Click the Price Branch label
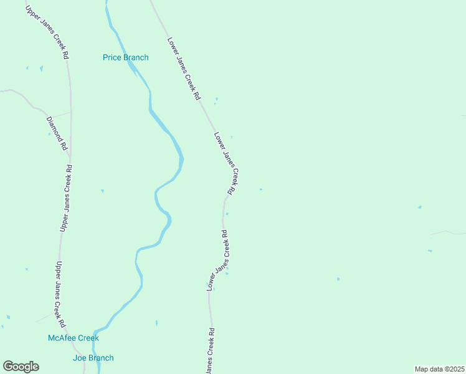click(x=126, y=58)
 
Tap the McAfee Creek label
click(x=74, y=338)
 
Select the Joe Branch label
click(x=93, y=358)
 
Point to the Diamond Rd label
click(x=57, y=133)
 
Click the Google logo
click(x=21, y=367)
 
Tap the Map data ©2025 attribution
click(x=439, y=369)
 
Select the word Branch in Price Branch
click(x=136, y=58)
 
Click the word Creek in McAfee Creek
click(x=88, y=338)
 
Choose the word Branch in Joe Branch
click(x=101, y=358)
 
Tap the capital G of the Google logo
click(x=8, y=367)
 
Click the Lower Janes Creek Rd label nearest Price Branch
click(x=183, y=69)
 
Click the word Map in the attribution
click(x=422, y=369)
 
